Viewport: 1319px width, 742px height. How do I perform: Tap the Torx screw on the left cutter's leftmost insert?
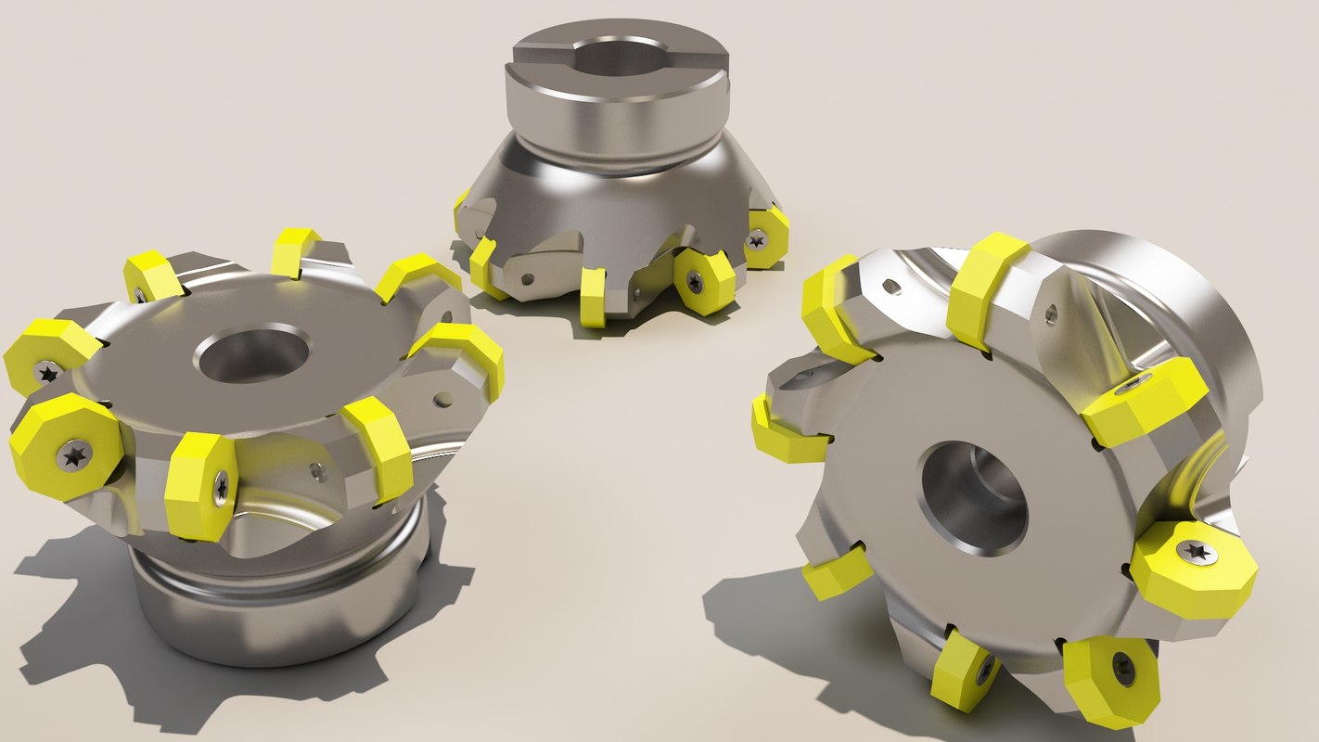point(46,373)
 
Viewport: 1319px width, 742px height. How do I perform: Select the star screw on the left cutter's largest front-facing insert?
point(74,454)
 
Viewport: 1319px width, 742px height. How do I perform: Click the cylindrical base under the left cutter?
point(278,603)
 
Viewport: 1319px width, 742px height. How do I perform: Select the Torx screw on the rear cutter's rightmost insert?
point(757,239)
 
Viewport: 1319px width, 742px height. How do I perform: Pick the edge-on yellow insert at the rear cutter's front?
point(593,297)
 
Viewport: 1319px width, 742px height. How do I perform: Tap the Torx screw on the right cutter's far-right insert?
point(1197,552)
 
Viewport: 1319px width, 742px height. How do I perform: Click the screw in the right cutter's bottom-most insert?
point(1123,670)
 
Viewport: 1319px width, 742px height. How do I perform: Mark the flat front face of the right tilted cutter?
point(890,556)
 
